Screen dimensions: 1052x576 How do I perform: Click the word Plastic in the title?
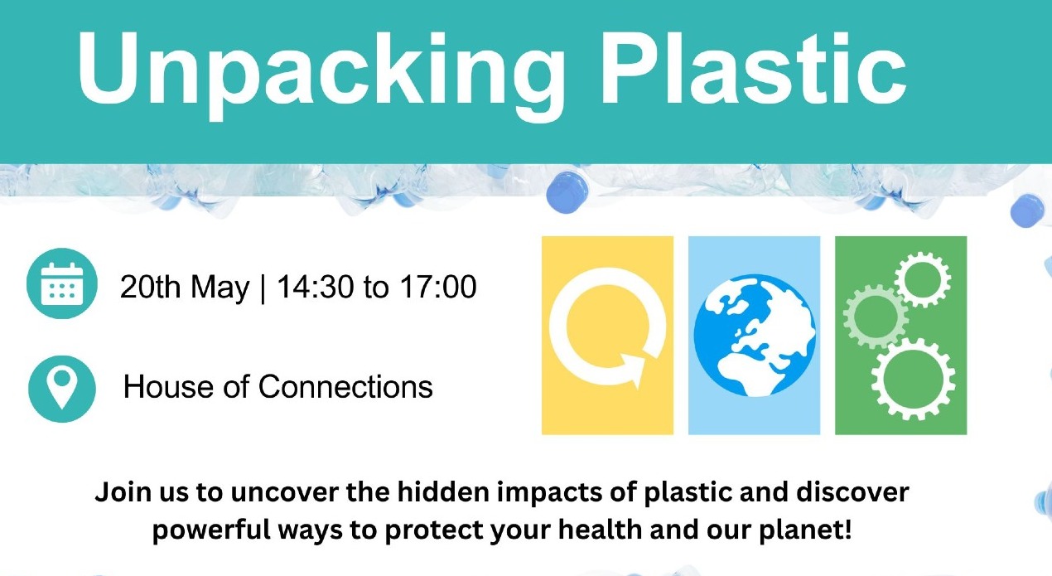(x=755, y=69)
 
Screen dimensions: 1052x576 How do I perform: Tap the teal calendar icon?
(x=62, y=283)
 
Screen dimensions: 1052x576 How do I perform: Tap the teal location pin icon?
(x=62, y=389)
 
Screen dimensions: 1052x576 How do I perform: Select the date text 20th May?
(x=185, y=287)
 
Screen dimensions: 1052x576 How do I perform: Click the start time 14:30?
(x=315, y=287)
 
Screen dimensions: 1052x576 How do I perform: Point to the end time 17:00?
(x=438, y=287)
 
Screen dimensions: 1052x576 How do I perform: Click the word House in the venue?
(x=168, y=387)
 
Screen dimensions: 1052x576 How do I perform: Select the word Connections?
(x=345, y=387)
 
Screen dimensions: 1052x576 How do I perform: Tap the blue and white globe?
(x=755, y=336)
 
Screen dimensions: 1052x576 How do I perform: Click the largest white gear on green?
(x=913, y=379)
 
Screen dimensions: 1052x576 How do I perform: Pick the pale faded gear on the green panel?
(x=876, y=317)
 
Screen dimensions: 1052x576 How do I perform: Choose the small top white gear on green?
(x=923, y=280)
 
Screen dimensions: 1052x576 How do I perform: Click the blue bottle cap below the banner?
(x=567, y=192)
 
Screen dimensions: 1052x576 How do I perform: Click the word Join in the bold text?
(x=124, y=493)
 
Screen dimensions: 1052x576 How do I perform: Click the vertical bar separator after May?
(x=263, y=288)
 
